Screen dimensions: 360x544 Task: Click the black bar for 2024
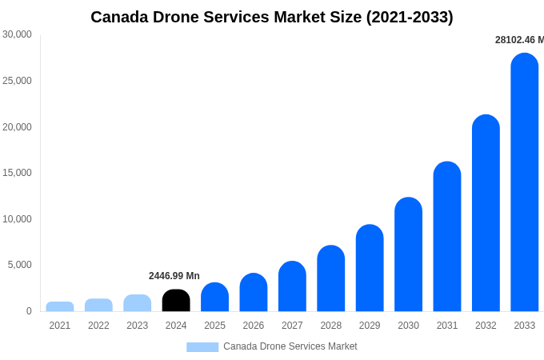click(176, 301)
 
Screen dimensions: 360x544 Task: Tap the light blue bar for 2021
click(60, 306)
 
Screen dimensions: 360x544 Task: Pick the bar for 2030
click(408, 254)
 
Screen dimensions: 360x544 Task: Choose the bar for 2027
click(292, 286)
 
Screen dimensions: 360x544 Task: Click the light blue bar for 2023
click(138, 303)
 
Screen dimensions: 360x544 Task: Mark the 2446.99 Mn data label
click(174, 276)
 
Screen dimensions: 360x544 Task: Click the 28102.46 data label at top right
click(518, 40)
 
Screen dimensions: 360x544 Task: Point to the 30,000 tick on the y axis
click(18, 34)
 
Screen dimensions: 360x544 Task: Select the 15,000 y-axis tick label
click(18, 173)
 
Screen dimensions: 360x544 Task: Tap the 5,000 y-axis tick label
click(20, 265)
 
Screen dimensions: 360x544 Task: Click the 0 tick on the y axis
click(29, 311)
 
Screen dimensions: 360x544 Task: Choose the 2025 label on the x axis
click(214, 326)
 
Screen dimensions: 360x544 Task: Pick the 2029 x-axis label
click(370, 326)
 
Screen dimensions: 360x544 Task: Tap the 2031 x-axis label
click(447, 326)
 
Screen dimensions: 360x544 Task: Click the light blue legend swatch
click(202, 347)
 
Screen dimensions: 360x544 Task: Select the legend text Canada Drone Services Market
click(290, 346)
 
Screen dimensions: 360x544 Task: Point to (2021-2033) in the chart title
click(410, 17)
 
